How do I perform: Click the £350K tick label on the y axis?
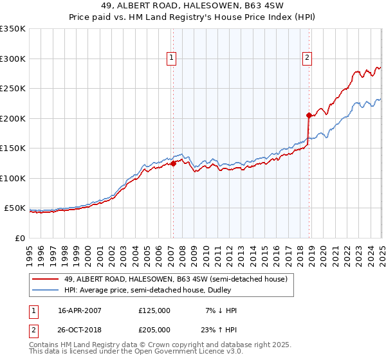[13, 29]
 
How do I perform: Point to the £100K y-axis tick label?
[13, 178]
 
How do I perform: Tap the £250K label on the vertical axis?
[13, 89]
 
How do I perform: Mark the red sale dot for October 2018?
[309, 116]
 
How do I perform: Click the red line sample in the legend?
[46, 279]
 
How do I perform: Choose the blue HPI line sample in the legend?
[46, 291]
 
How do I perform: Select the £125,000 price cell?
[154, 310]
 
